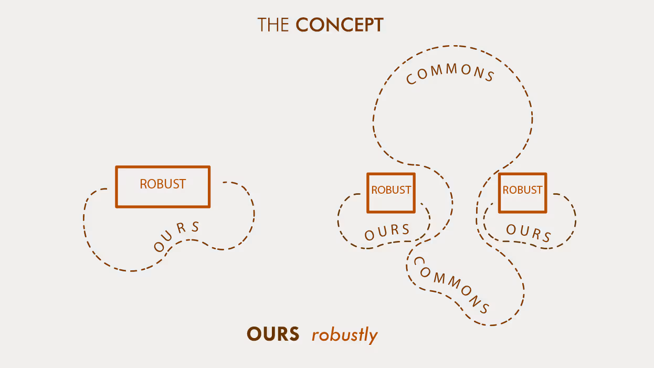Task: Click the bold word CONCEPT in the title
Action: [340, 25]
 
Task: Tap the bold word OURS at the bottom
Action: [273, 334]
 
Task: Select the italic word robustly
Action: [344, 335]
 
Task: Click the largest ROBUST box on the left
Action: [163, 187]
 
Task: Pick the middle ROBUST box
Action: [391, 193]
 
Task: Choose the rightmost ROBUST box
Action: [522, 193]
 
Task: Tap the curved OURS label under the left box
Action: [177, 237]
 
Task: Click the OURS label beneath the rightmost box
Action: [529, 233]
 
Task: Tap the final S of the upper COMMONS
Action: [489, 77]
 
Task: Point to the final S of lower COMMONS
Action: [484, 308]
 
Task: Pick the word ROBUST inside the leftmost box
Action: [163, 184]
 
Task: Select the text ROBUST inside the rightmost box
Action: [522, 190]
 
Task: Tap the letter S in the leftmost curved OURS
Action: [195, 227]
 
